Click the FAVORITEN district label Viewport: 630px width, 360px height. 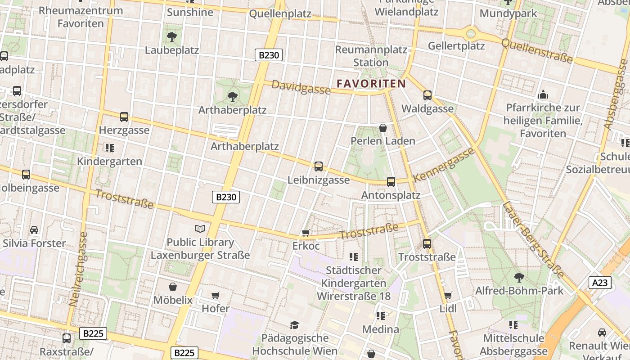point(371,83)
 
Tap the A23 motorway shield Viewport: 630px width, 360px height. point(600,283)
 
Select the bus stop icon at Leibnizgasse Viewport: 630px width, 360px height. point(319,166)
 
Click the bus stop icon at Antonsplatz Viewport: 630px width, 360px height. point(391,182)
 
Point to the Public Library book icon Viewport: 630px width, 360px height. point(200,229)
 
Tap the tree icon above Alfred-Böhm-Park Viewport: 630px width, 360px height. point(519,277)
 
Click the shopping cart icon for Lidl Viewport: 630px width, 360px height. point(448,296)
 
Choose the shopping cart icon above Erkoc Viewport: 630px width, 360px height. point(306,233)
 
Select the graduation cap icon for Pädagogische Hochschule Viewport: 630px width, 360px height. point(294,324)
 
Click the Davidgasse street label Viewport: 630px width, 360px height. point(301,87)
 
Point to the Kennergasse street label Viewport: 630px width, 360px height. point(444,165)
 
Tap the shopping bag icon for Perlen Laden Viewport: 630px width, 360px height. point(383,128)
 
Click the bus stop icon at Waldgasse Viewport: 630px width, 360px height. point(427,95)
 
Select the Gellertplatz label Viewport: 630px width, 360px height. point(456,46)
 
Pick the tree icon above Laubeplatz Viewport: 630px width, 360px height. point(171,36)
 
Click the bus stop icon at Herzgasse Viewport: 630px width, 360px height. point(124,117)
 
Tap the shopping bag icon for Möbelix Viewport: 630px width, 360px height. point(173,287)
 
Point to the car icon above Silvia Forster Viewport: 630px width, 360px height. point(34,230)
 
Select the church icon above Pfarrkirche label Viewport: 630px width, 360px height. point(543,94)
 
